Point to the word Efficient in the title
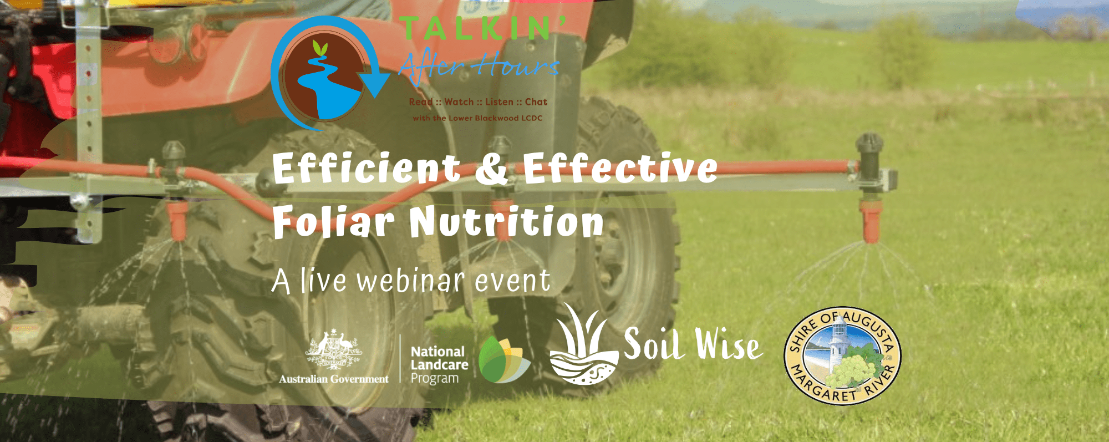[x=367, y=168]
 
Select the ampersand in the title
[x=492, y=169]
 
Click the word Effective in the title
[x=620, y=168]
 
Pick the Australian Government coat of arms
[x=333, y=349]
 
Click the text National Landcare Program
[x=439, y=365]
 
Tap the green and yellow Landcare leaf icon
[x=503, y=359]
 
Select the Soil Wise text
[x=693, y=344]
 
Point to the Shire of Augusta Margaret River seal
[x=842, y=355]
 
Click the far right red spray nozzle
[x=870, y=222]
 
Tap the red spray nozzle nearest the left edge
[x=177, y=221]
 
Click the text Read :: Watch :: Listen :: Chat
[x=478, y=102]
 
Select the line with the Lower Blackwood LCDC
[x=477, y=118]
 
